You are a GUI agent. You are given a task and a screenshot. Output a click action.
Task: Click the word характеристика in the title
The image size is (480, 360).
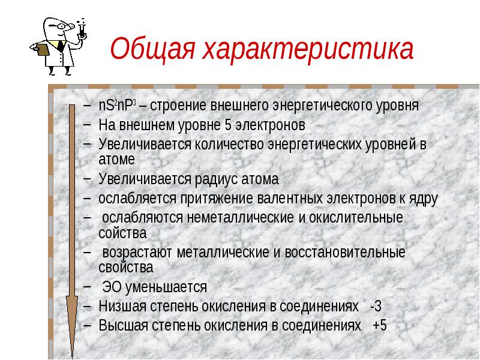[308, 49]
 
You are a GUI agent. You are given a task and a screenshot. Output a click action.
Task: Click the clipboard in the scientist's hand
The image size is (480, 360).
[43, 49]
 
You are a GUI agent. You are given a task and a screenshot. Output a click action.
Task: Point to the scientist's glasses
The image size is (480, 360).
[64, 26]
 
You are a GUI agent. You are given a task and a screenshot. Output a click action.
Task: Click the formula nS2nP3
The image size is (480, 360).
[117, 106]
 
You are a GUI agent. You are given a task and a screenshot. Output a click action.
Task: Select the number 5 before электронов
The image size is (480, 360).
[228, 125]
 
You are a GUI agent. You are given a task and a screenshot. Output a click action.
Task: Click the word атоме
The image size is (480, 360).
[116, 160]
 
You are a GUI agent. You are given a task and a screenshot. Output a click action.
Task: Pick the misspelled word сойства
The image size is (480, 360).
[122, 233]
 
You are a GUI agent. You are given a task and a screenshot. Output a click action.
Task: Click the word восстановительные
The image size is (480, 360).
[345, 253]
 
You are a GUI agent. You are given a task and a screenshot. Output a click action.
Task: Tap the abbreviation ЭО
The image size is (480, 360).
[112, 287]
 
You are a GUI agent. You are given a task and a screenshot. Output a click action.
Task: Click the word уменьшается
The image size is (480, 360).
[166, 287]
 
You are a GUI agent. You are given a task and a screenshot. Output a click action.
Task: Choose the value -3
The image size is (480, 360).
[376, 307]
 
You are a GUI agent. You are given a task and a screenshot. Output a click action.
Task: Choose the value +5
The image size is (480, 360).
[380, 325]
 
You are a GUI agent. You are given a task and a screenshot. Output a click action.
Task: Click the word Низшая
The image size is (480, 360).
[122, 307]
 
